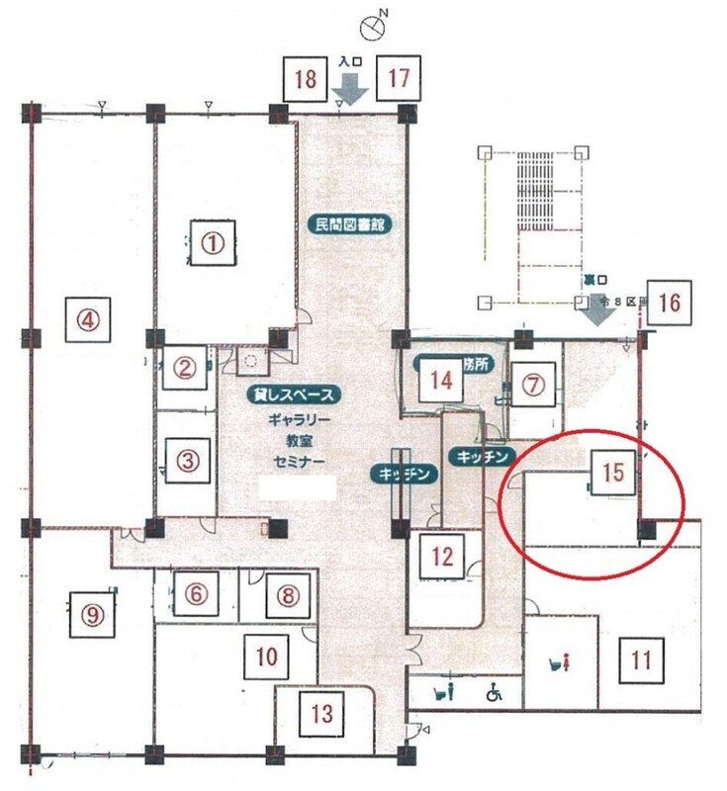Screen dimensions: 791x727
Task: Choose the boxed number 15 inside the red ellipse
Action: point(612,472)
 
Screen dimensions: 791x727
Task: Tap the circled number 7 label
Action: point(533,385)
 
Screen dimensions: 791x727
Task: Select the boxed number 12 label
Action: point(442,555)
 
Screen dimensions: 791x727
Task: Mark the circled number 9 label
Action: point(92,615)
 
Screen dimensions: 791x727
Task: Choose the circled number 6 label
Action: point(197,593)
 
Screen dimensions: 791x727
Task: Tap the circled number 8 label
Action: point(287,595)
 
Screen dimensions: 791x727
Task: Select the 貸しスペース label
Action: point(297,395)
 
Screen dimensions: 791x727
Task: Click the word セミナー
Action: point(298,462)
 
